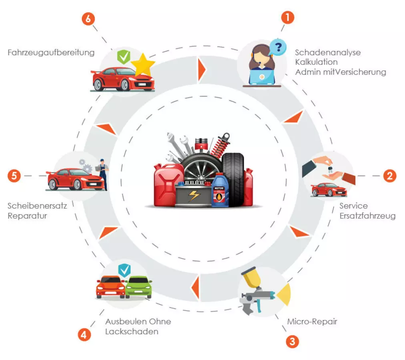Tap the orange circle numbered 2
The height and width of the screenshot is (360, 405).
[389, 176]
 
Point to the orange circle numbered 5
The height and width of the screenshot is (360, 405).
[14, 176]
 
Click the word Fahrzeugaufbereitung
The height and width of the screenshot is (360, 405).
[51, 52]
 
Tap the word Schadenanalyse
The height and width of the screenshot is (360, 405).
[328, 52]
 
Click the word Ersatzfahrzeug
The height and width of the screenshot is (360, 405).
[367, 216]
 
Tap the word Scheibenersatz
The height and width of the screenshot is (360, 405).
[37, 206]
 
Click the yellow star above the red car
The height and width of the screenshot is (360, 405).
[143, 65]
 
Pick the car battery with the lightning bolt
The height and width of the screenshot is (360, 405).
[193, 197]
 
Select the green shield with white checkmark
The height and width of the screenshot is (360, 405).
[123, 57]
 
